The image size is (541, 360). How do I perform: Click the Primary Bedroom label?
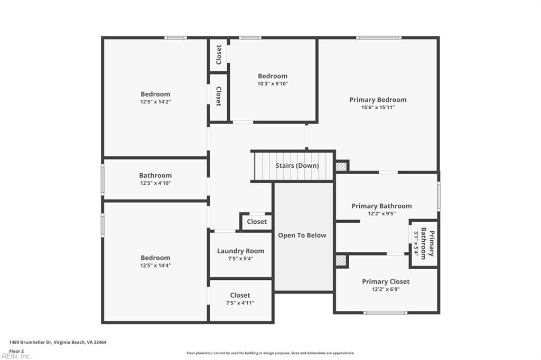pos(378,100)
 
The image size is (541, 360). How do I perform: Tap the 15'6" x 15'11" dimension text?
pos(378,107)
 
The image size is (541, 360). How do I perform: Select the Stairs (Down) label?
pos(297,166)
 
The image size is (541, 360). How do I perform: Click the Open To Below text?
pos(302,235)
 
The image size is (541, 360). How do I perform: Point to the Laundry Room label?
pos(240,251)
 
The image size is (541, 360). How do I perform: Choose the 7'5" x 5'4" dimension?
pos(240,259)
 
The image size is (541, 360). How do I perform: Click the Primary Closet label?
pos(386,282)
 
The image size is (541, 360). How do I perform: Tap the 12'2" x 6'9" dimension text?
pos(386,289)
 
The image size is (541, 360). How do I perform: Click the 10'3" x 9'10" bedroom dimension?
pos(273,83)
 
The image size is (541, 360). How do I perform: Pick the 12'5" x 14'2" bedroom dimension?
pos(155,102)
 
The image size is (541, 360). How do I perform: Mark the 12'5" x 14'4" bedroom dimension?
pos(155,266)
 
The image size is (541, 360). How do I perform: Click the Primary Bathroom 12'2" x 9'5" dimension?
pos(381,214)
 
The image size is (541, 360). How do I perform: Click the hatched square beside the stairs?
pos(342,166)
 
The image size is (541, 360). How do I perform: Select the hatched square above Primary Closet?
pos(342,261)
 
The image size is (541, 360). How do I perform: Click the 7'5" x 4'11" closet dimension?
pos(240,303)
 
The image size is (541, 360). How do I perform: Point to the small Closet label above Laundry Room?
pos(257,222)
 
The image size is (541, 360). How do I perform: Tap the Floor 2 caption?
pos(16,350)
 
